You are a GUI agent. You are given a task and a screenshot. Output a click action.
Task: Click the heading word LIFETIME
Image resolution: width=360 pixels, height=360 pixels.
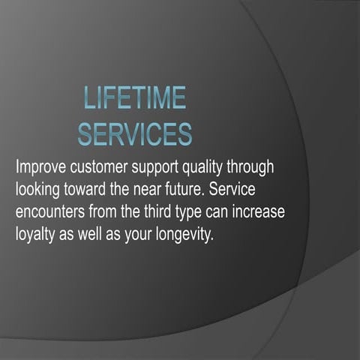tap(135, 100)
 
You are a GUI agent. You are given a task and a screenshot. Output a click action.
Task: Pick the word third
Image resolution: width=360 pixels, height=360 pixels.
tap(170, 211)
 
